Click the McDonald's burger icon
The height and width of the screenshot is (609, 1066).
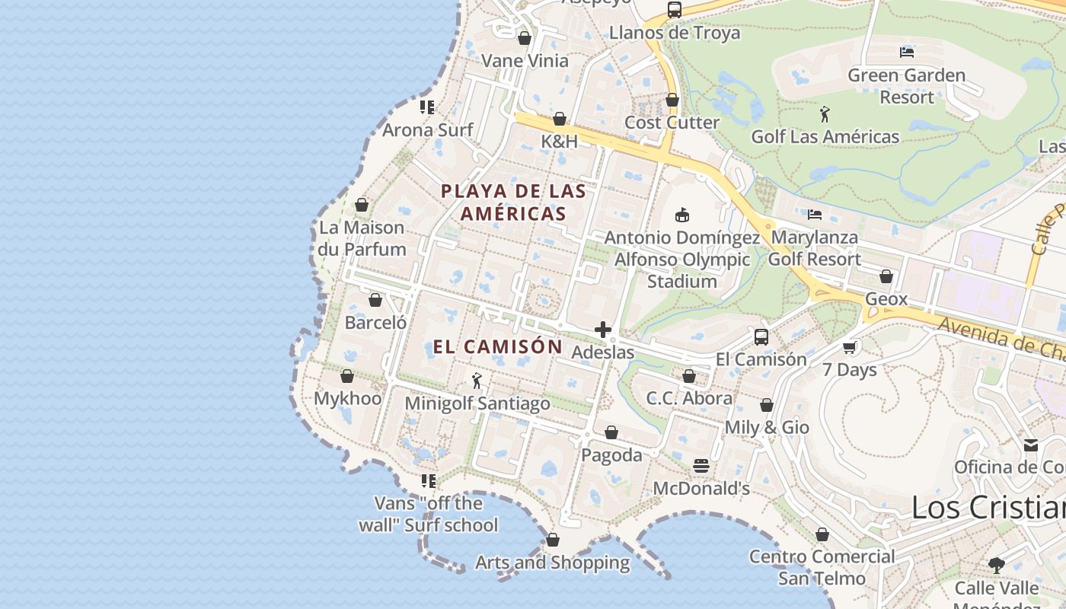[701, 465]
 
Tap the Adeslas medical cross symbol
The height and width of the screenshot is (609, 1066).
[603, 330]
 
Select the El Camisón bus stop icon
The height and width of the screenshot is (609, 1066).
[761, 337]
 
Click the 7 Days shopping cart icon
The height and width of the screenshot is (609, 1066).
[850, 348]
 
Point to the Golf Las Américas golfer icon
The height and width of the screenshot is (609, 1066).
[825, 115]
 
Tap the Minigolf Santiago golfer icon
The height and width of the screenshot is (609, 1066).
[477, 381]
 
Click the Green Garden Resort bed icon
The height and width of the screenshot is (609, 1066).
[906, 53]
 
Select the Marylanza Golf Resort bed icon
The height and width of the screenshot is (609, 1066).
[814, 215]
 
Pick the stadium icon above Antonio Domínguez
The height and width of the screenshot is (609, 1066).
[681, 215]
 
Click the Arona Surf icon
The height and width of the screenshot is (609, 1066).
[427, 107]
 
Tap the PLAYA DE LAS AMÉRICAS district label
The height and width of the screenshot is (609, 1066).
[513, 202]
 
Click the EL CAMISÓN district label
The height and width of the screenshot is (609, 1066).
[497, 347]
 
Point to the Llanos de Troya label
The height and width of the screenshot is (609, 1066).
[674, 33]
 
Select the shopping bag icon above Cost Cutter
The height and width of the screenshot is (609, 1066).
[672, 100]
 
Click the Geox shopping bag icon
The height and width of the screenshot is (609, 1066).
[886, 276]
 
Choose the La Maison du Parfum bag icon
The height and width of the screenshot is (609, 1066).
[362, 205]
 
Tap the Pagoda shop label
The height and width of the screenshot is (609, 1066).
[611, 455]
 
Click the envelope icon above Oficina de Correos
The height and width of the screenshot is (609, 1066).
[1030, 445]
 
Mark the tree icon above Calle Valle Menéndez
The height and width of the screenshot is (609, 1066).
[996, 565]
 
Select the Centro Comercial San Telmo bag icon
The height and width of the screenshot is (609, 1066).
[822, 534]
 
